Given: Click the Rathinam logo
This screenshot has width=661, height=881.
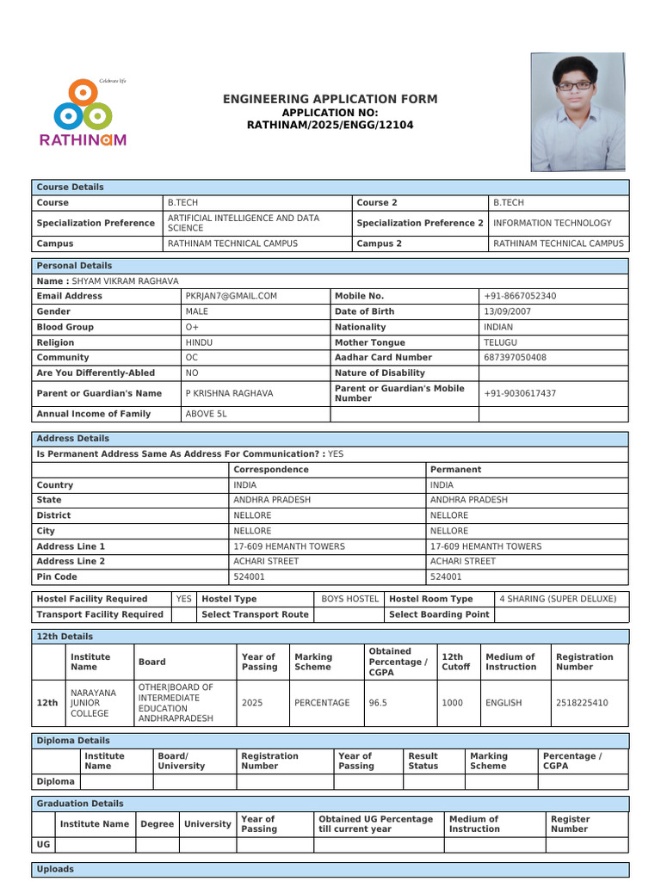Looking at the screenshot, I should click(x=83, y=113).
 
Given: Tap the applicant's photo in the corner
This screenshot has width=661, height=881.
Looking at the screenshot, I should click(x=578, y=112).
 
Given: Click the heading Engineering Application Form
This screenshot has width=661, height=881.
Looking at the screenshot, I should click(x=330, y=100).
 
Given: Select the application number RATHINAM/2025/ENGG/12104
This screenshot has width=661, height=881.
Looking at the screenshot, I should click(x=330, y=126).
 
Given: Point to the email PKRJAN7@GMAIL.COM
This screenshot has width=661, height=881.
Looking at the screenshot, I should click(x=231, y=296).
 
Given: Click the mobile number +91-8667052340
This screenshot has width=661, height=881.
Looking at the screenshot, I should click(x=520, y=296).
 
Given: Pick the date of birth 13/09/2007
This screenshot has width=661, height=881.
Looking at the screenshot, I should click(x=507, y=311).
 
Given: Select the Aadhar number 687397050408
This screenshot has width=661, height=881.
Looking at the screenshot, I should click(x=515, y=357).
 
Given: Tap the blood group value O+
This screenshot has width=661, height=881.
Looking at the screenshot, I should click(x=192, y=327).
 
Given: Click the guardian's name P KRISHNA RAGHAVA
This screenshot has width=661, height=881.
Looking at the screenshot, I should click(x=229, y=393).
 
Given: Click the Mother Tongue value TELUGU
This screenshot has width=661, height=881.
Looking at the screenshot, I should click(x=500, y=342).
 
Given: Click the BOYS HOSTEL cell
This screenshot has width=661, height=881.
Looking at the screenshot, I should click(x=349, y=599).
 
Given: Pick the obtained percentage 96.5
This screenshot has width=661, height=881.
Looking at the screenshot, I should click(x=378, y=703).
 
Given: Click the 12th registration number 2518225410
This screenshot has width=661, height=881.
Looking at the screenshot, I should click(x=582, y=703).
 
